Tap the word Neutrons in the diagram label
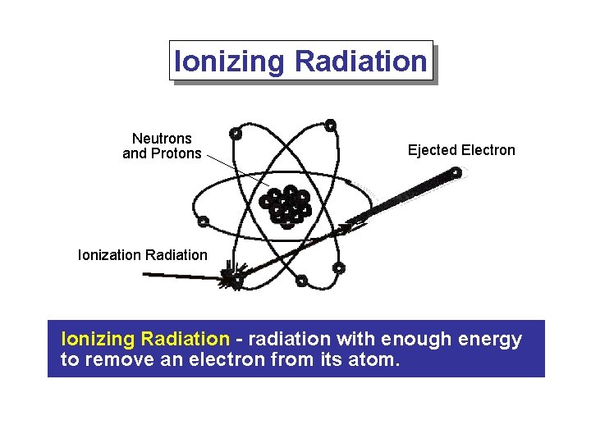[x=162, y=139]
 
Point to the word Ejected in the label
[x=433, y=150]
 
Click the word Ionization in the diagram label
[x=109, y=255]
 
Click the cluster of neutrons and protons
[x=285, y=205]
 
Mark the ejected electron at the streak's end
[x=456, y=173]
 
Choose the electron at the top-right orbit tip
[x=330, y=126]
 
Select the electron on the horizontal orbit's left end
[x=203, y=221]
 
